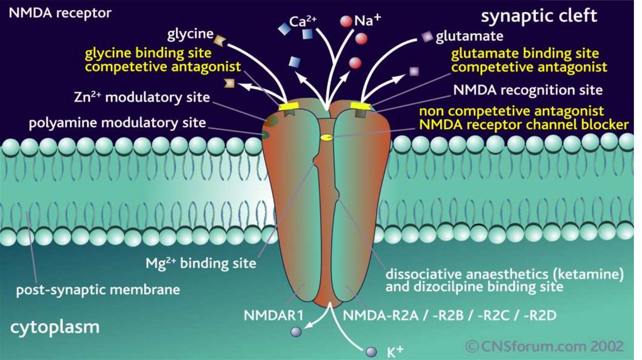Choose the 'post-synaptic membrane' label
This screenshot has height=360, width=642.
click(x=98, y=290)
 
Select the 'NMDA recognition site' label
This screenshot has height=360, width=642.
click(x=527, y=90)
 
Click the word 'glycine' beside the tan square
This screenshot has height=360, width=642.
click(x=191, y=33)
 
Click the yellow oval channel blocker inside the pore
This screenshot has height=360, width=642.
click(x=326, y=137)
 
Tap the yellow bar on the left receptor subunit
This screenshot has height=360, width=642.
click(x=290, y=107)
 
